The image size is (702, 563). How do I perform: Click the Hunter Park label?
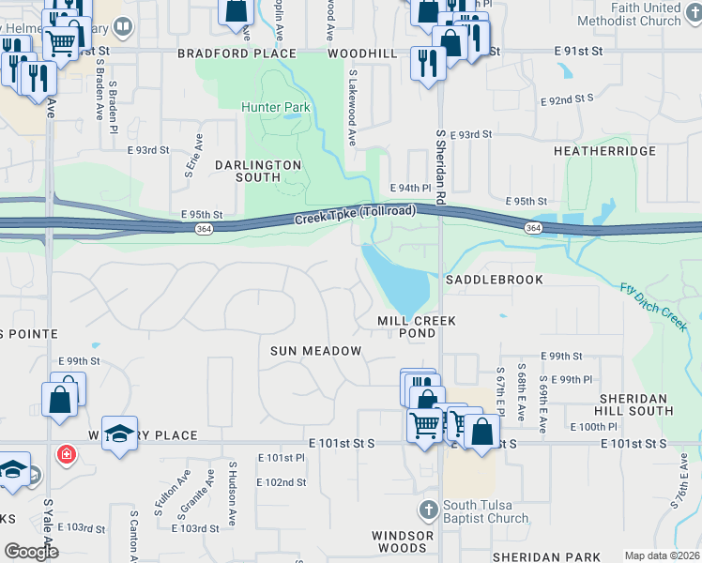(276, 108)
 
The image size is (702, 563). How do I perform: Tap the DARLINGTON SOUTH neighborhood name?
(257, 171)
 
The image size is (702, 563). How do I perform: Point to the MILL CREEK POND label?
(417, 327)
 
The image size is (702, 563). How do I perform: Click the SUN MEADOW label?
(316, 351)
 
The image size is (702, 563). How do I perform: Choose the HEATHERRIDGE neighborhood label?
(603, 150)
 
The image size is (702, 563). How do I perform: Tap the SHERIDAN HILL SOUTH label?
(635, 404)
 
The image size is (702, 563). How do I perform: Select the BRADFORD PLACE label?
(237, 54)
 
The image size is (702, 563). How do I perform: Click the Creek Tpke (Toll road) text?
(355, 215)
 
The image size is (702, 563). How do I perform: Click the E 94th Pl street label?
(414, 188)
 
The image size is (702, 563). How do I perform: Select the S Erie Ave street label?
(198, 155)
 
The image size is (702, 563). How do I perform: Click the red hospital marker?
(66, 456)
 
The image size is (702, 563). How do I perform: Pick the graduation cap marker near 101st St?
(119, 433)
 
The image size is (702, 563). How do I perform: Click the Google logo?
(31, 551)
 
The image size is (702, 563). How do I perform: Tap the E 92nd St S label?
(567, 98)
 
